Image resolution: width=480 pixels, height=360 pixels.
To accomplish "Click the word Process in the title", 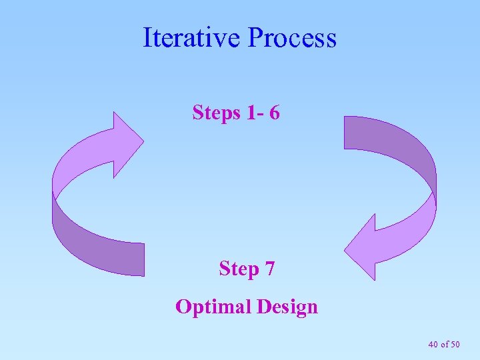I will click(x=292, y=38).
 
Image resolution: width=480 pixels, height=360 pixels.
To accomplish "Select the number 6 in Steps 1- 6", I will click(x=275, y=113).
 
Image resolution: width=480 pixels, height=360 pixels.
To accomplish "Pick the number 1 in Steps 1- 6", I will click(x=251, y=113).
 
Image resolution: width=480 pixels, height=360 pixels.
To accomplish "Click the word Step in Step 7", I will click(x=239, y=269).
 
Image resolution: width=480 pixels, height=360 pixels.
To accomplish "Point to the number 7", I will click(x=269, y=269).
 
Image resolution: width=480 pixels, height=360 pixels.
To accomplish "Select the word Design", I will click(x=287, y=307).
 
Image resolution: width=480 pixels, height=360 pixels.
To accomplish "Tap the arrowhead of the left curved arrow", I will click(x=127, y=143).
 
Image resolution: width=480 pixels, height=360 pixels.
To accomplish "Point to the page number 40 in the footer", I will click(x=433, y=344).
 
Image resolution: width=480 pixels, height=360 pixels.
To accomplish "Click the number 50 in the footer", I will click(x=455, y=344).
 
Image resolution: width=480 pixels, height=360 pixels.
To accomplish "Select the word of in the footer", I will click(x=444, y=344).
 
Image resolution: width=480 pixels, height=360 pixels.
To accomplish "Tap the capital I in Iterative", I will click(x=147, y=38).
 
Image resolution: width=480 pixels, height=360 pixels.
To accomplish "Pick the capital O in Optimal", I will click(x=183, y=307).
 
